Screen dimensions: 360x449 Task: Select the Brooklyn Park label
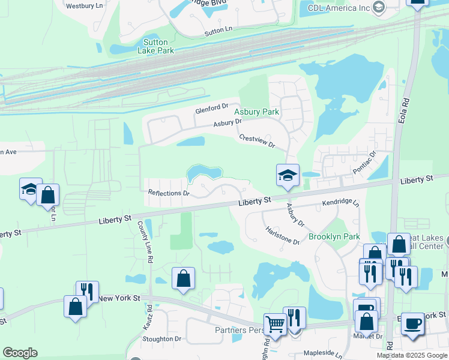tap(334, 236)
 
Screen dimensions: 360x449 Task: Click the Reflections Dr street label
tap(169, 193)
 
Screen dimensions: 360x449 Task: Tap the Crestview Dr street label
tap(256, 142)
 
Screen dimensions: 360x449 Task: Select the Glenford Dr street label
tap(212, 109)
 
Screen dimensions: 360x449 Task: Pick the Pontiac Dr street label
tap(363, 162)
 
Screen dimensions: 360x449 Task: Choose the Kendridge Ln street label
tap(340, 204)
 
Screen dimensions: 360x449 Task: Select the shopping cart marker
tap(275, 324)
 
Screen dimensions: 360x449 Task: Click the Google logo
tap(20, 353)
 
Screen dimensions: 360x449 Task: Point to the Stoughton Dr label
tap(161, 338)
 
